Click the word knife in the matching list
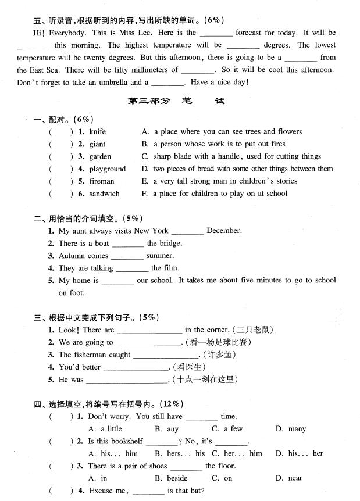[x=98, y=132]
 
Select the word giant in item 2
[x=97, y=144]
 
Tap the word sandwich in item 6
[x=104, y=194]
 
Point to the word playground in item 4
[x=107, y=169]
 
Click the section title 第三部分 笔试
[x=176, y=101]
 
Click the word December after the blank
[x=224, y=231]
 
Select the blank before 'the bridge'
[x=127, y=244]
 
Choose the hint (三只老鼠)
[x=252, y=330]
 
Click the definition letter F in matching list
[x=144, y=194]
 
